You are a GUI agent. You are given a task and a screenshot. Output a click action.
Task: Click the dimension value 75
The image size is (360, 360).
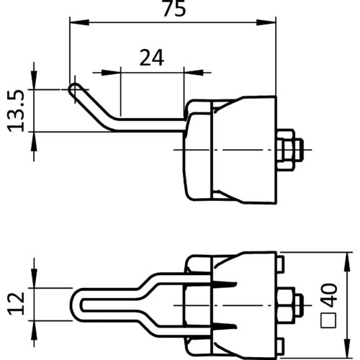[x=174, y=9]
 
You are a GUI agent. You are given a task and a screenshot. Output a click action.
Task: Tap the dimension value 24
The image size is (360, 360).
[x=152, y=58]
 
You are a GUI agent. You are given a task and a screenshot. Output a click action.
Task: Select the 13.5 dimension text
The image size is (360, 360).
[x=17, y=111]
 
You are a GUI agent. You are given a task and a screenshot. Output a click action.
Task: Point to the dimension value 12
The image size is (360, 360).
[x=17, y=304]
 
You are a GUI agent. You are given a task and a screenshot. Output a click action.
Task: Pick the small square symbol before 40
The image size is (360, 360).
[x=328, y=320]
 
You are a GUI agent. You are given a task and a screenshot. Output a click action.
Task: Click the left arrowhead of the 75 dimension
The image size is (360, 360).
[x=79, y=22]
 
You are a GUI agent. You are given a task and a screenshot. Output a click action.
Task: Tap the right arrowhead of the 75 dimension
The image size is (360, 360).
[x=266, y=22]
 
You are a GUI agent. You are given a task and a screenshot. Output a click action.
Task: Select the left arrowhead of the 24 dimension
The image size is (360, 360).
[x=111, y=72]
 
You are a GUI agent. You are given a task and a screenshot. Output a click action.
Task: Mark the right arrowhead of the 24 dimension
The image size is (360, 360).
[x=194, y=72]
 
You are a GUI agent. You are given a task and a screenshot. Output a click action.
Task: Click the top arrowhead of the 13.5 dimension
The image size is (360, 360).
[x=34, y=80]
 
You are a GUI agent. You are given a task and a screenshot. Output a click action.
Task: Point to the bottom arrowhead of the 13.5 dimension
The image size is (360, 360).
[x=34, y=141]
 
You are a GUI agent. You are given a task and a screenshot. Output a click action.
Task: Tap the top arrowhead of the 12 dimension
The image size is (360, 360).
[x=34, y=278]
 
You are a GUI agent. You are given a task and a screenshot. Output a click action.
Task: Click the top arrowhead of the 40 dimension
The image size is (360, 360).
[x=348, y=262]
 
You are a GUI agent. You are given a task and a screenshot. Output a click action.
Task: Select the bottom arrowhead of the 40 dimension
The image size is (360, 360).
[x=348, y=348]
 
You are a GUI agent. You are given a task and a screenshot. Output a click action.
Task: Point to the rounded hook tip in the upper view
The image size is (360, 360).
[x=74, y=89]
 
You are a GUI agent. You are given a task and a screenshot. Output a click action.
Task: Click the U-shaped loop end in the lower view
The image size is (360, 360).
[x=77, y=305]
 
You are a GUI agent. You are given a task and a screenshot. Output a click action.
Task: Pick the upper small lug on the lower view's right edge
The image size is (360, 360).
[x=281, y=264]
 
